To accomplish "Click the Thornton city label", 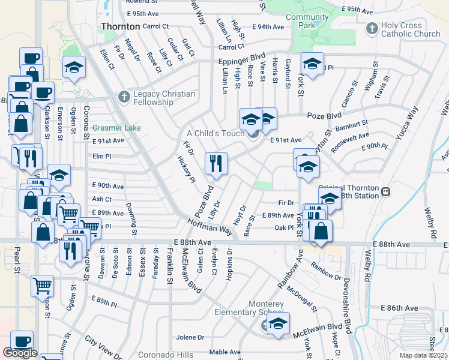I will (x=120, y=26).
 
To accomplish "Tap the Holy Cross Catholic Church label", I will (x=411, y=29).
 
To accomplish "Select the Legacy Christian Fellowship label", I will (x=164, y=98).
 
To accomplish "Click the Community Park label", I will (x=307, y=22).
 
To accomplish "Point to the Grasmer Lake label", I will (x=116, y=128).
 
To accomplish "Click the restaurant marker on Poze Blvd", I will (x=216, y=163).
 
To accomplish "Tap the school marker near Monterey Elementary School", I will (x=279, y=323).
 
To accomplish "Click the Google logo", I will (x=20, y=353).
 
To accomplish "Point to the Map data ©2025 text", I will (x=423, y=355).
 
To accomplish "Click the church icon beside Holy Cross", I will (x=372, y=28).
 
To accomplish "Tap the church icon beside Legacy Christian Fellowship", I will (x=124, y=96).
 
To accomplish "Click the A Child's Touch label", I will (x=215, y=133).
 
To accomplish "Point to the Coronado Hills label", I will (x=166, y=355).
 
